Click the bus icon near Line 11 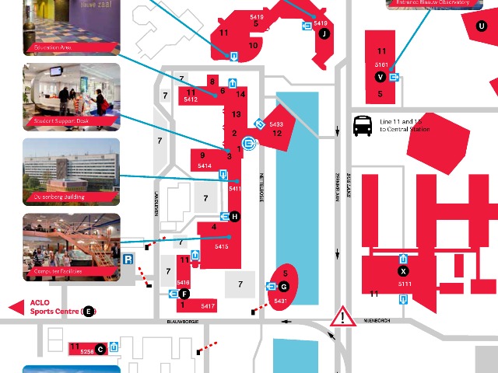pyautogui.click(x=363, y=126)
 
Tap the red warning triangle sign pyautogui.click(x=342, y=316)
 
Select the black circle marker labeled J pyautogui.click(x=324, y=33)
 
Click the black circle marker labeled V pyautogui.click(x=380, y=76)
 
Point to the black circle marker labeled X pyautogui.click(x=403, y=271)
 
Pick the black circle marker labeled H pyautogui.click(x=234, y=216)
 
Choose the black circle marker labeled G pyautogui.click(x=284, y=287)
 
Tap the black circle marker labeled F pyautogui.click(x=184, y=294)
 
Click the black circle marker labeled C pyautogui.click(x=100, y=348)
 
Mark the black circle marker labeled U pyautogui.click(x=482, y=25)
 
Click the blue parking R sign pyautogui.click(x=128, y=260)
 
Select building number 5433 pyautogui.click(x=276, y=124)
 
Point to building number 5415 pyautogui.click(x=222, y=246)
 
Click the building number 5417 pyautogui.click(x=207, y=306)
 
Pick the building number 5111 pyautogui.click(x=404, y=284)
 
